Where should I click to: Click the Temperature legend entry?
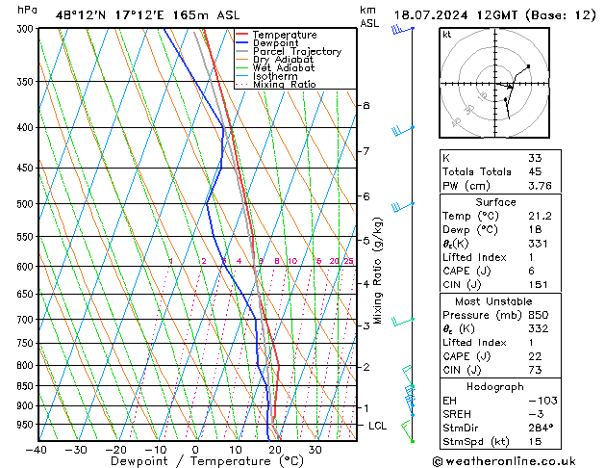(284, 35)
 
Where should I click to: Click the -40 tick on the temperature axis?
(37, 450)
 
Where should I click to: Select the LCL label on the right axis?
(377, 426)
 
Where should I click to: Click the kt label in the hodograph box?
(447, 34)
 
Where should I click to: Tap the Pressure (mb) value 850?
(538, 315)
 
